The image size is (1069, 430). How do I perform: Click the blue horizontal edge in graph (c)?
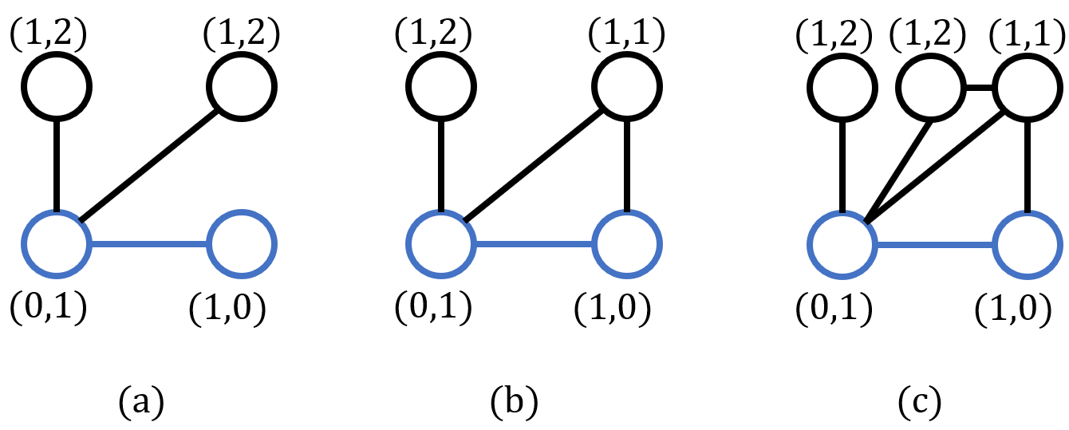[x=934, y=245]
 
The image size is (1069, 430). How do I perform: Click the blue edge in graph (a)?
[x=148, y=245]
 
